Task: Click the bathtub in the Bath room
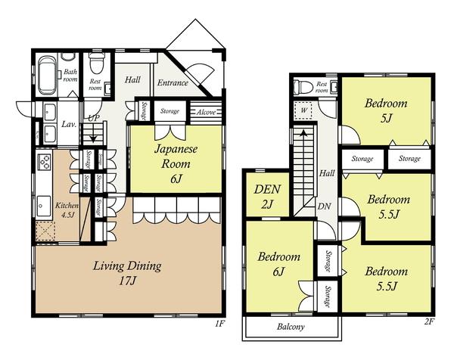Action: [x=47, y=75]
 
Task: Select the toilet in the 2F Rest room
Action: [x=303, y=86]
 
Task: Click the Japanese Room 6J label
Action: [x=176, y=164]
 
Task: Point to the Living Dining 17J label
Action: [x=127, y=273]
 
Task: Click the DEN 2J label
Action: [x=267, y=197]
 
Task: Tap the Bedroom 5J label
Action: [x=386, y=110]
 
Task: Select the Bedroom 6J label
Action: [x=278, y=264]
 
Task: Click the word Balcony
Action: [x=291, y=327]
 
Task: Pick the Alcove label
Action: [x=206, y=112]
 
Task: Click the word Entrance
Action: [x=173, y=83]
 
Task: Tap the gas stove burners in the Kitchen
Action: [x=45, y=162]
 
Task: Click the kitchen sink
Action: [x=44, y=206]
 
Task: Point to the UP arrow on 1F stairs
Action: [x=93, y=134]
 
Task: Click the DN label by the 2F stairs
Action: [x=325, y=206]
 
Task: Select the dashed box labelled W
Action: [x=303, y=110]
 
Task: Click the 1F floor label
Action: [x=219, y=323]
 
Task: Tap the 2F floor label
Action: [x=429, y=321]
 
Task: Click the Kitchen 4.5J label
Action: [x=67, y=209]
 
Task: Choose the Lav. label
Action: [x=69, y=125]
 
